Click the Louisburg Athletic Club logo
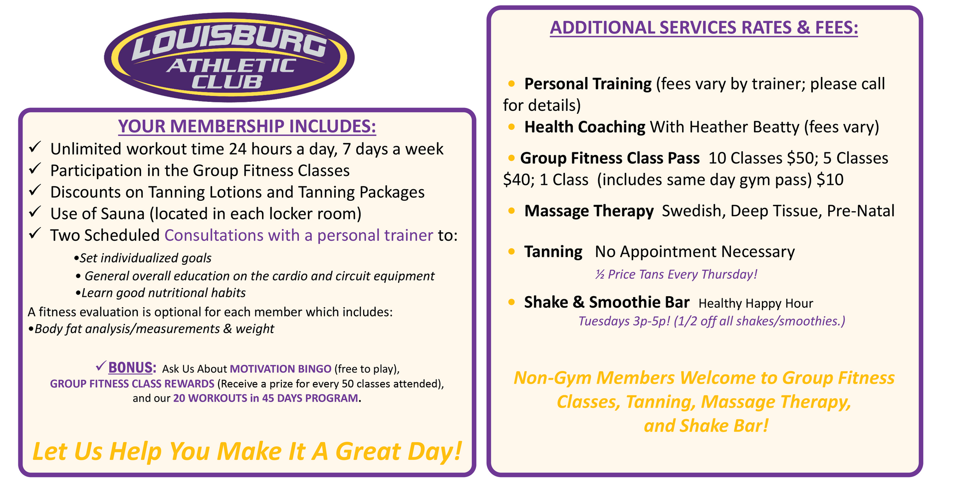(229, 57)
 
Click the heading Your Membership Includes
(247, 126)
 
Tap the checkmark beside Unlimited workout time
(34, 147)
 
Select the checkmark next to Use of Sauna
(34, 212)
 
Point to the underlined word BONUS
(130, 368)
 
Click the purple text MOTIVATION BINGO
(280, 369)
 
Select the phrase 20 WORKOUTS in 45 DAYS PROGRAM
(265, 399)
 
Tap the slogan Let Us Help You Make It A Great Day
(247, 451)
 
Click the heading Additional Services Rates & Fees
(704, 27)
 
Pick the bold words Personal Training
(588, 84)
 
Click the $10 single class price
(830, 180)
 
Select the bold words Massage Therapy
(589, 211)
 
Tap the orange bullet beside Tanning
(511, 252)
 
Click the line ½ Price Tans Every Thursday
(676, 275)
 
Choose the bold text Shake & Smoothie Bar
(607, 303)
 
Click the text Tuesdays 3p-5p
(624, 321)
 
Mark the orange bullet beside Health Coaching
(511, 127)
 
